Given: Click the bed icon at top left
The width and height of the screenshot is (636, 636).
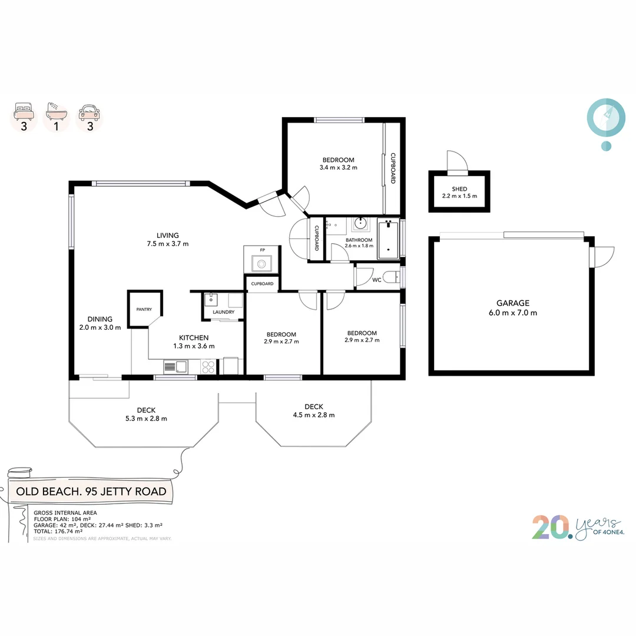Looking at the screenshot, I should point(24,110).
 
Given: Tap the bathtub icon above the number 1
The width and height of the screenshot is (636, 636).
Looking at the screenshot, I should point(57,110).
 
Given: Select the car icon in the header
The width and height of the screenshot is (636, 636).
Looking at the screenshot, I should point(90,110).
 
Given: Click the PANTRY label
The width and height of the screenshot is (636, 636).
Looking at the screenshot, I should point(144,309).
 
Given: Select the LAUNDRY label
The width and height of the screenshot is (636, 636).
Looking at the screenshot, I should point(223,312).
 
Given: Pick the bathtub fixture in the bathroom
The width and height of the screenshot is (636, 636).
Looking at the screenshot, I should point(388,238).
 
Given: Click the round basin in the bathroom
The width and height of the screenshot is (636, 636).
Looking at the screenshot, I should point(360,224).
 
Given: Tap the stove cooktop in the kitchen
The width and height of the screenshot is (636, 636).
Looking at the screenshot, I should point(208,367).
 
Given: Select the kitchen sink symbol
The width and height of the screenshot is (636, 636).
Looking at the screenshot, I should point(175,367).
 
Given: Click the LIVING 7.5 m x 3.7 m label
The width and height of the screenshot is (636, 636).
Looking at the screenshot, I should point(164,239).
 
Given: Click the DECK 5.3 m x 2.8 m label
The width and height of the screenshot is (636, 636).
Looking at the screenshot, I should point(146,415).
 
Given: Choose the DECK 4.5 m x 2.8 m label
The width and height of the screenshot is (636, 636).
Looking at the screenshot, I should point(313,410).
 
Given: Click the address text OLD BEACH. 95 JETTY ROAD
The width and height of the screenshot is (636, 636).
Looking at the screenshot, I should point(91,491).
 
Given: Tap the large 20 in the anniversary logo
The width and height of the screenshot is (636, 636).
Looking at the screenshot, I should point(551,528).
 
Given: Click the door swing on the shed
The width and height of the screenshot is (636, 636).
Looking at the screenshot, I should point(456,161).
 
